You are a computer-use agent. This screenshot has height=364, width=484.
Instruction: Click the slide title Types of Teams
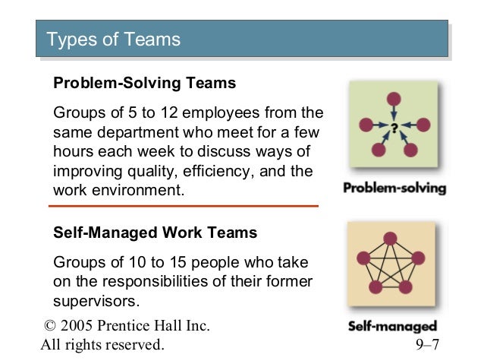114,39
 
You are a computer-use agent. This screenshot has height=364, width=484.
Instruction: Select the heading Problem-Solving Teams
145,83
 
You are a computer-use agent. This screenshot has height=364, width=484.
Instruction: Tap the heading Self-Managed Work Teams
156,233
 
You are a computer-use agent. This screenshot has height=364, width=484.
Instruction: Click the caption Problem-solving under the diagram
394,188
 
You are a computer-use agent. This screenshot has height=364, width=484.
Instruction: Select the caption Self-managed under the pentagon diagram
392,328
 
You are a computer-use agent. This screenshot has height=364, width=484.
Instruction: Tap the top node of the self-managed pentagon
390,239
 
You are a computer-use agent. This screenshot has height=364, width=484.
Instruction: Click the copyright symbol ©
51,327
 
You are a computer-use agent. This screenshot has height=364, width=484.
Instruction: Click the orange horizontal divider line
183,206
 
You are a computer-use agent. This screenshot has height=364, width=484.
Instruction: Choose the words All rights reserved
102,346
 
